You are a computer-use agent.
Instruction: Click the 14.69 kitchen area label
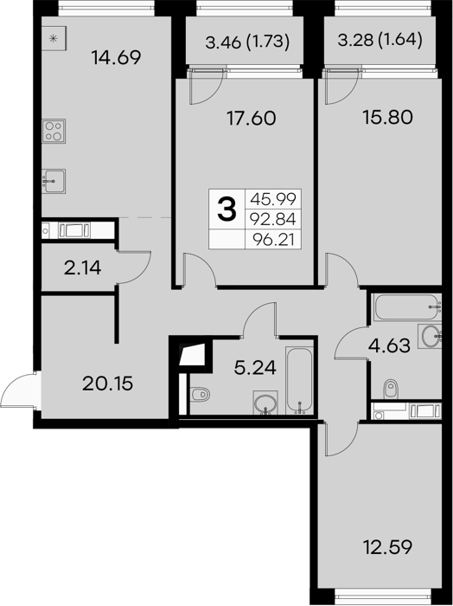[116, 58]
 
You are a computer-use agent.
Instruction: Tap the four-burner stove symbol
[54, 131]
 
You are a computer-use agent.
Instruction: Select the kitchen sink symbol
[54, 181]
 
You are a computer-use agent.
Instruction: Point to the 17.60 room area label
[252, 118]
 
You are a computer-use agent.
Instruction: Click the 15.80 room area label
[388, 117]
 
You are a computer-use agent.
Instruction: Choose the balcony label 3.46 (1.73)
[247, 42]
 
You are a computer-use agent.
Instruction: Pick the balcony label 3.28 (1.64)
[380, 40]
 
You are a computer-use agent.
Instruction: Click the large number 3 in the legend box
[226, 209]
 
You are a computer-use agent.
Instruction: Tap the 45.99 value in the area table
[273, 199]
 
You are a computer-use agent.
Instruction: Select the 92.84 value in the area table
[273, 219]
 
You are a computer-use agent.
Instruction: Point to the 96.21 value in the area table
[273, 240]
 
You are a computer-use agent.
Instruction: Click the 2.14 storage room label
[83, 268]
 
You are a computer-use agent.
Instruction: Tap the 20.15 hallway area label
[108, 384]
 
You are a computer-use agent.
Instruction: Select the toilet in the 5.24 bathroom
[201, 395]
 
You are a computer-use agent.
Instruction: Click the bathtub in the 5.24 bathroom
[299, 380]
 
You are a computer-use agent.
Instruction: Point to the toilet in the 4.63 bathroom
[391, 389]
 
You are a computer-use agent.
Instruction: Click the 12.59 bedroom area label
[388, 547]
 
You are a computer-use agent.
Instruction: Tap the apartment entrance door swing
[18, 390]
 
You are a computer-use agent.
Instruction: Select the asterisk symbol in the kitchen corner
[54, 38]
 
